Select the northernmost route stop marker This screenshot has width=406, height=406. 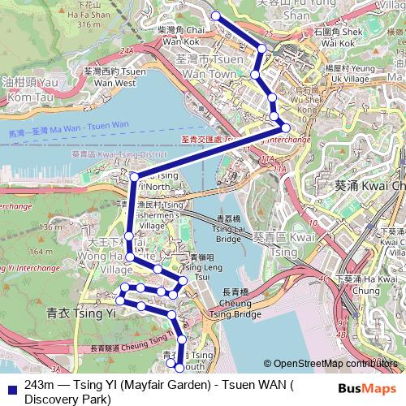coord(216,16)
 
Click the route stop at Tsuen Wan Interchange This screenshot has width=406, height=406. coord(285,128)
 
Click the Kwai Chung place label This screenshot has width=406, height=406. coord(370,185)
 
